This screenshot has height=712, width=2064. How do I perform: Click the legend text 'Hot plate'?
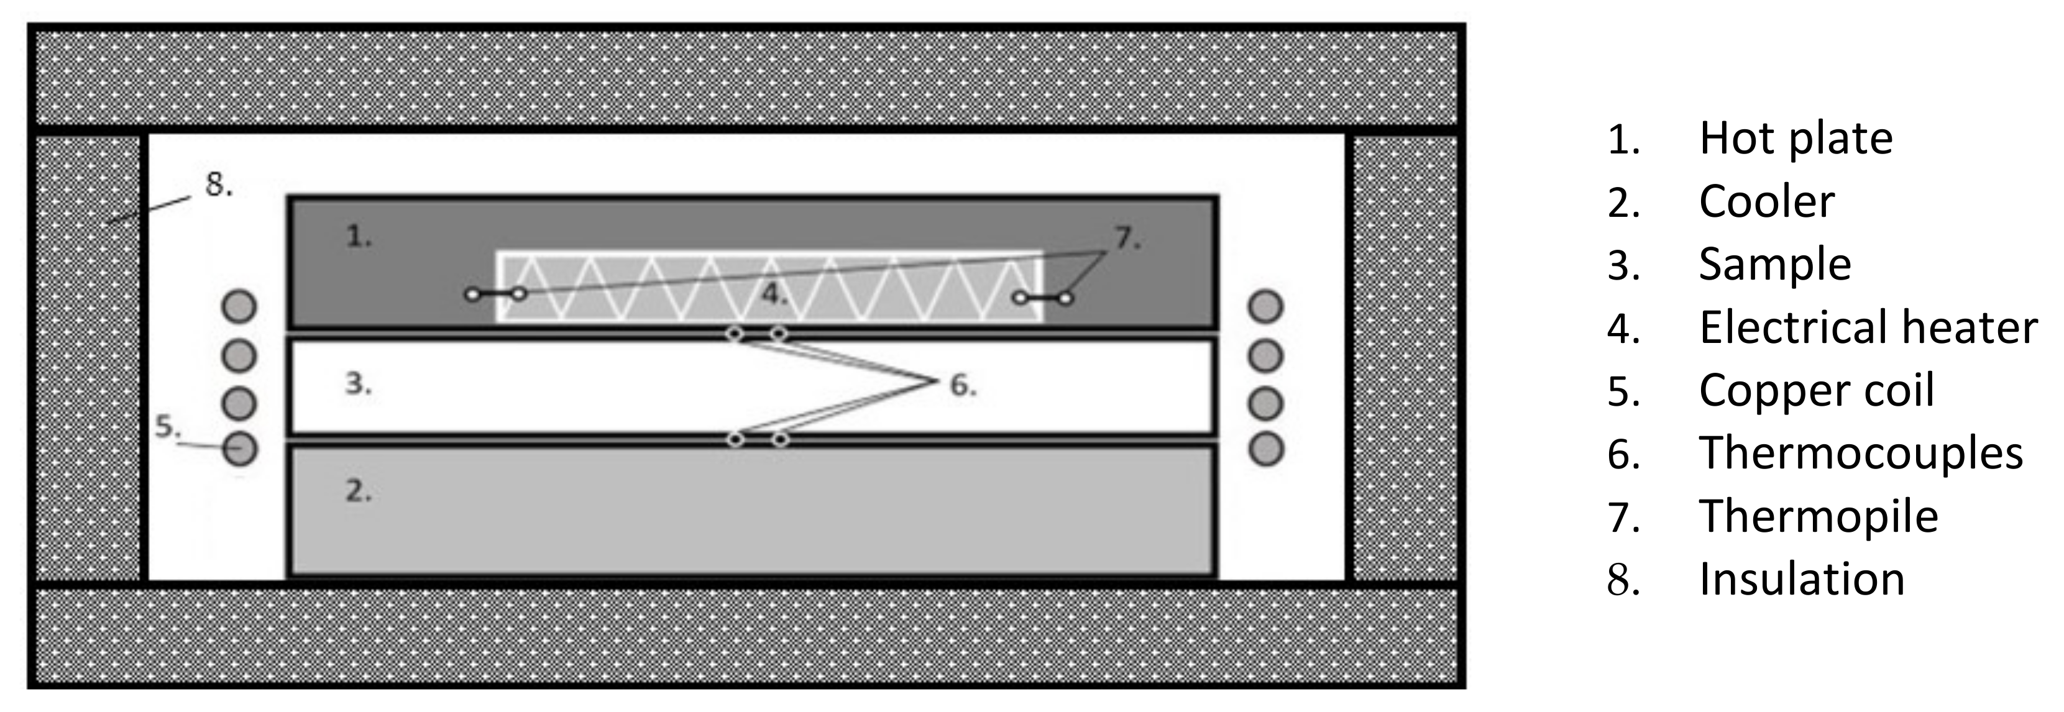[x=1796, y=139]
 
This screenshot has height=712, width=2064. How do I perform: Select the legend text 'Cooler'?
[x=1766, y=202]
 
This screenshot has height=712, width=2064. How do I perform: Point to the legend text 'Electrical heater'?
[x=1868, y=327]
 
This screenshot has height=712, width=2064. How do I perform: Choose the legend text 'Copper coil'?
[x=1817, y=391]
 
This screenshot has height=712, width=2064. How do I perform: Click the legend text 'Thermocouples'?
[x=1861, y=454]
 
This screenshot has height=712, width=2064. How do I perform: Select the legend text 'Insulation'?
[x=1801, y=579]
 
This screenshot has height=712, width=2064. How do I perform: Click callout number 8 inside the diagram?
[x=218, y=185]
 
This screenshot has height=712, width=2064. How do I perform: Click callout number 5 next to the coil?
[x=166, y=427]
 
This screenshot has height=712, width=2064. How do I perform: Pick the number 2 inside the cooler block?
[x=358, y=490]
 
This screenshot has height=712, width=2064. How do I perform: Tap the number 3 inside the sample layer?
[x=358, y=385]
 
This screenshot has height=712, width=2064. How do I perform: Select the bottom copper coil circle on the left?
[x=239, y=449]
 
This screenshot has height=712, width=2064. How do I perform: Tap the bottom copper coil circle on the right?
[x=1266, y=449]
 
